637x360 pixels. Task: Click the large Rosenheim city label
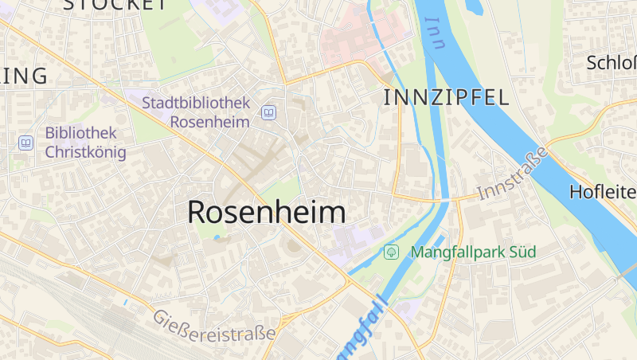point(267,213)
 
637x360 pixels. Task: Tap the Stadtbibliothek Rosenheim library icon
point(269,113)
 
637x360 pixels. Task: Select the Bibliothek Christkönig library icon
point(26,143)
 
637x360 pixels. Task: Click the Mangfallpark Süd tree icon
point(391,252)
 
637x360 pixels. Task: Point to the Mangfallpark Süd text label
point(473,252)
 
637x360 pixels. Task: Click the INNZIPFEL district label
point(446,98)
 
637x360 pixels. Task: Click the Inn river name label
point(435,33)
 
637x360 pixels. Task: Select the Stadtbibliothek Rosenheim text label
point(196,112)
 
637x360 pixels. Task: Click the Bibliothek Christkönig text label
point(81,143)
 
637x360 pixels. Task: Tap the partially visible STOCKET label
point(115,4)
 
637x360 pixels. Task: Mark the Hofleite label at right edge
point(603,192)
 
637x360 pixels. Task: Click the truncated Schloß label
point(611,63)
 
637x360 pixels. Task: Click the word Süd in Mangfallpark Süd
point(521,252)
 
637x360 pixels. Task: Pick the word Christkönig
point(86,152)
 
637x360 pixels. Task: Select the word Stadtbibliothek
point(196,103)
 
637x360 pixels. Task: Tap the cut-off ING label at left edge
point(24,76)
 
